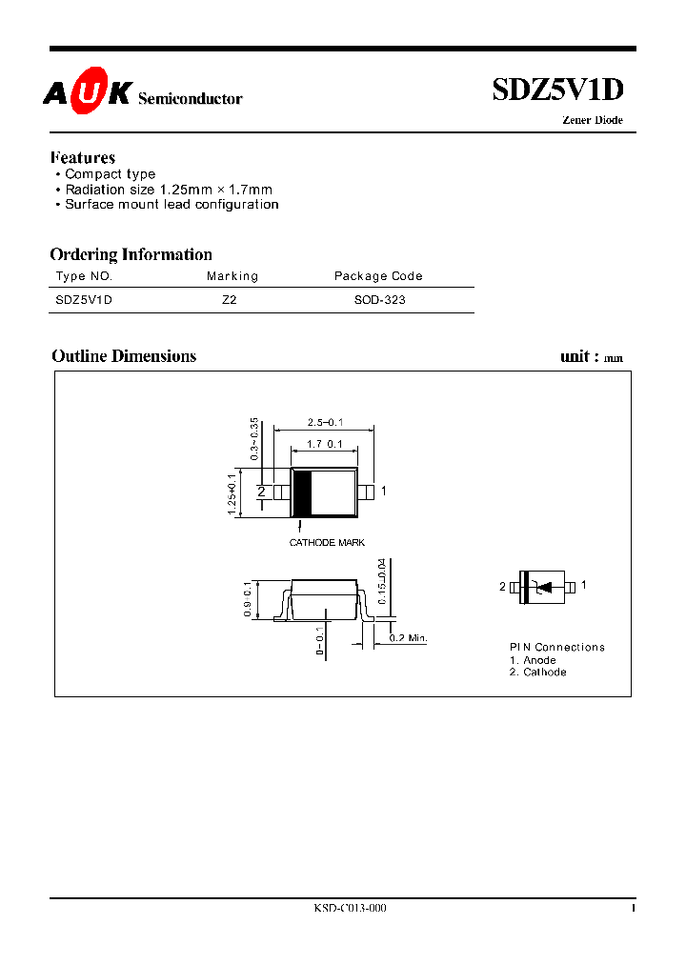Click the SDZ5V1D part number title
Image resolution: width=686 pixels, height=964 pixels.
tap(557, 90)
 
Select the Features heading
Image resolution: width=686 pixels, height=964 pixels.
tap(83, 158)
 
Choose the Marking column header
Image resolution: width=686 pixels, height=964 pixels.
tap(232, 276)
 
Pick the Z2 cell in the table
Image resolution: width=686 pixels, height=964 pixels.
tap(229, 299)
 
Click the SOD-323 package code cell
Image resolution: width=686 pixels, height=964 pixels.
tap(380, 299)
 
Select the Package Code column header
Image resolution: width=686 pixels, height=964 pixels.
tap(378, 276)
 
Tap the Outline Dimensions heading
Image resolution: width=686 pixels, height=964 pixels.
tap(124, 356)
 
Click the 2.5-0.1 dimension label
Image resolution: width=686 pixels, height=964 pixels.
tap(324, 422)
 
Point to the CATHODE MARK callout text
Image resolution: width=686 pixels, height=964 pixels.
tap(327, 542)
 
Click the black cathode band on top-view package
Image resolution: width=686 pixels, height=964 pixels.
tap(301, 492)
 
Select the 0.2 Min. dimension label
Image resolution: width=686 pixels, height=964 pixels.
tap(407, 637)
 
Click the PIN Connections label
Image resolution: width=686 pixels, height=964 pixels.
tap(556, 648)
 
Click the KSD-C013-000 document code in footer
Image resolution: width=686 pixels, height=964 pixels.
tap(350, 909)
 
